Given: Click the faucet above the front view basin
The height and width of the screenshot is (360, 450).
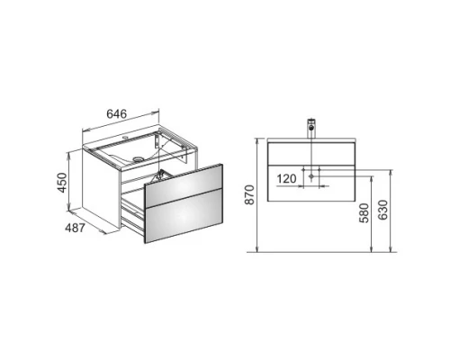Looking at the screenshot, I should pos(312,126).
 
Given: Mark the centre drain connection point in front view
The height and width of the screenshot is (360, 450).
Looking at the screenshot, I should pos(312,179).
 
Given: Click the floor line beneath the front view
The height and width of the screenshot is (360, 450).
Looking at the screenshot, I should pos(315,252).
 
